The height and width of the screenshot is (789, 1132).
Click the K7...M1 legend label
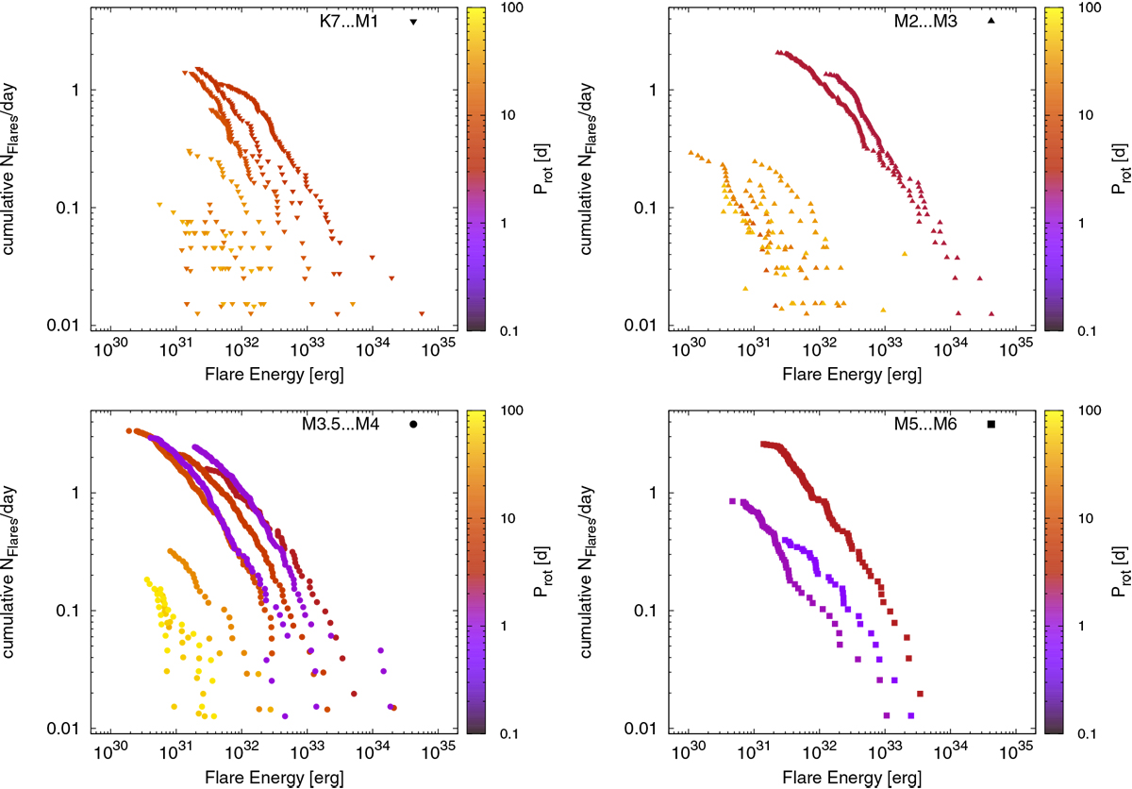[349, 21]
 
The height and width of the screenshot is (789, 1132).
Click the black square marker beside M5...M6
[991, 425]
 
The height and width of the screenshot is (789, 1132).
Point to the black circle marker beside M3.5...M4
[413, 425]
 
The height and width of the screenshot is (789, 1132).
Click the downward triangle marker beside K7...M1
[413, 22]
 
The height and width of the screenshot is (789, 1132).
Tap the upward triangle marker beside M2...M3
[991, 21]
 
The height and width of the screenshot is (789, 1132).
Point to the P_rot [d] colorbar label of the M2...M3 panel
[1117, 168]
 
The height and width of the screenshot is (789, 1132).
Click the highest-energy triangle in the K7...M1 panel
[422, 313]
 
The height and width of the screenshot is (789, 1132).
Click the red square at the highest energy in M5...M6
[920, 694]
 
